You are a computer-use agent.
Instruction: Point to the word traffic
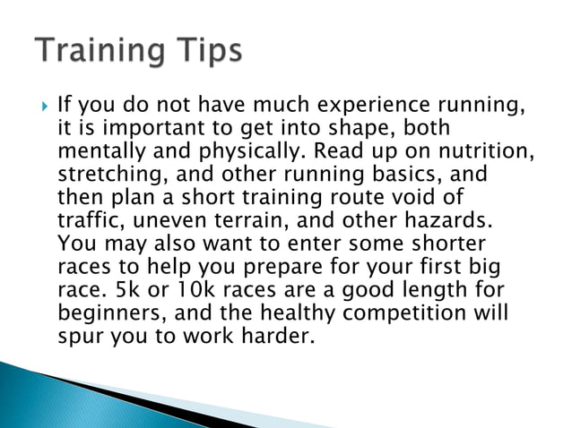click(x=89, y=219)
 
